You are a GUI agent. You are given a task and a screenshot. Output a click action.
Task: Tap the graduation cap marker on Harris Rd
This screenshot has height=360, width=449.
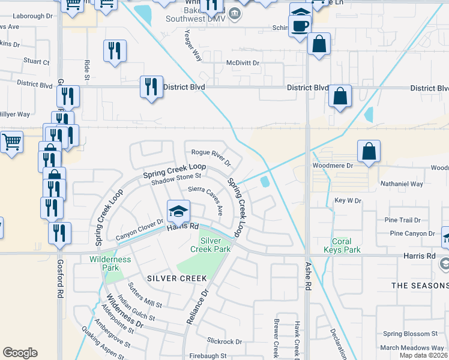(178, 211)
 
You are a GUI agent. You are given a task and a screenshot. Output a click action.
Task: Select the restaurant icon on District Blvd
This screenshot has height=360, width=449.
(151, 86)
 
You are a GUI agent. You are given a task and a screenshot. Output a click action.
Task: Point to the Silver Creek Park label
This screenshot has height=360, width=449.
(210, 244)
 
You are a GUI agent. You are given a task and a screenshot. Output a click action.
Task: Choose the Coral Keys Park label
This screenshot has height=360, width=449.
(342, 245)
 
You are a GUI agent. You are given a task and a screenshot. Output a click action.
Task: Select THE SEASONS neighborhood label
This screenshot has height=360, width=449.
(420, 286)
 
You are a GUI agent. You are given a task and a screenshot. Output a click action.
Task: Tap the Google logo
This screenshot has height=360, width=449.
(20, 352)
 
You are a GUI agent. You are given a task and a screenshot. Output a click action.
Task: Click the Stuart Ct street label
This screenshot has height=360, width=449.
(36, 62)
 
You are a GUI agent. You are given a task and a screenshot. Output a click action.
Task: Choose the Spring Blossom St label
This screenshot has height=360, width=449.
(410, 334)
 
